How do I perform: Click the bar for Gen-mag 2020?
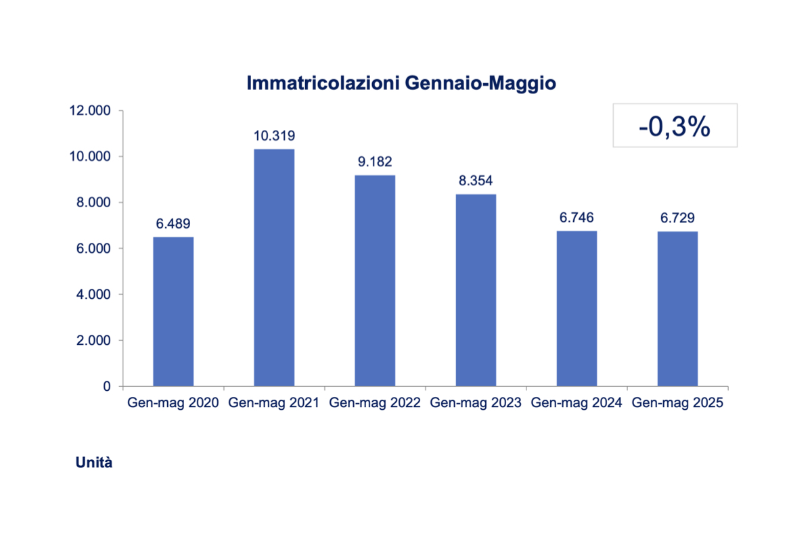click(x=173, y=312)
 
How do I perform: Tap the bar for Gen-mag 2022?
click(x=375, y=281)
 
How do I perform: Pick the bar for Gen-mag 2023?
click(x=476, y=290)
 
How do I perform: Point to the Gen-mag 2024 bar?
click(x=577, y=308)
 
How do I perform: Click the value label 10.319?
click(x=274, y=136)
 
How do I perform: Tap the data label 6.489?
click(x=173, y=224)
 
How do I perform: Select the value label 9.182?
click(x=375, y=162)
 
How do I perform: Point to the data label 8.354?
click(x=476, y=181)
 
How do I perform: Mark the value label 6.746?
click(x=577, y=218)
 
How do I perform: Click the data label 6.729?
click(x=677, y=218)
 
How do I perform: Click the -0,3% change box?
click(x=675, y=126)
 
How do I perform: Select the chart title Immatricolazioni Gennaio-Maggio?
click(x=401, y=83)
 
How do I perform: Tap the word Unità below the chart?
click(x=94, y=463)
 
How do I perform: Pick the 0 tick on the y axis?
click(x=107, y=387)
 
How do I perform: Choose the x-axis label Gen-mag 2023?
click(x=476, y=403)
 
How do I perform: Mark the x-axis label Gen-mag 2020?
click(x=173, y=403)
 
